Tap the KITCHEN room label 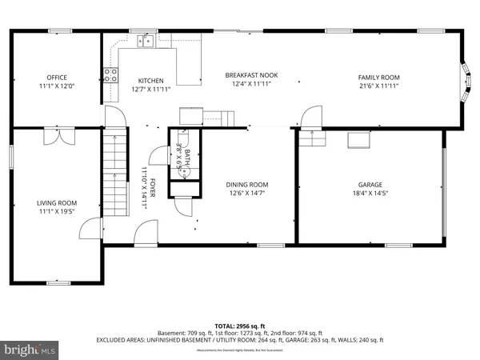(150, 80)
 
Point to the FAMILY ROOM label (378, 77)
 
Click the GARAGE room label (370, 184)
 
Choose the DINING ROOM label (247, 184)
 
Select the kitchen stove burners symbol (110, 75)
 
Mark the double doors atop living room (55, 137)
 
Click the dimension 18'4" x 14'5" (370, 192)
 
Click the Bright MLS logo (30, 349)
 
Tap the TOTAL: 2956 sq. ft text (240, 326)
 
